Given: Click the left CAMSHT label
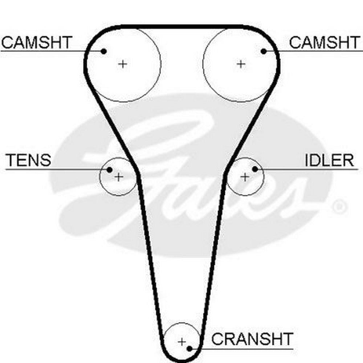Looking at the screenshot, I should click(x=37, y=42).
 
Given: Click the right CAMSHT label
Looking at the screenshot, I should click(x=324, y=42).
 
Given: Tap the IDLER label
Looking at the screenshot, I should click(x=329, y=160).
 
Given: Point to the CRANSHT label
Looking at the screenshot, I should click(x=252, y=339).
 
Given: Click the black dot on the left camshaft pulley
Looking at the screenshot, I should click(x=104, y=51).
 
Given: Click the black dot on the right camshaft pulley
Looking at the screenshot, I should click(x=264, y=51).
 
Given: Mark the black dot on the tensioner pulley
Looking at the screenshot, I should click(x=109, y=169).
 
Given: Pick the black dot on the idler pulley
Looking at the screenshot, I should click(x=255, y=169).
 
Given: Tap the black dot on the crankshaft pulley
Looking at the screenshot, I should click(x=189, y=349).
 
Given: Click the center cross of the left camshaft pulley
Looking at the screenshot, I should click(x=123, y=64).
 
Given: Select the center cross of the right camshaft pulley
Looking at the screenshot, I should click(x=241, y=64).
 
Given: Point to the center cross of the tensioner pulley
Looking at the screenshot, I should click(x=119, y=177).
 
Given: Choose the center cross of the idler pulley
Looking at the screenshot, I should click(x=245, y=177).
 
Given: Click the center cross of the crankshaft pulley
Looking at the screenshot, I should click(x=182, y=342).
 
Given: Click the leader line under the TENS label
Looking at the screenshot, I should click(x=54, y=169).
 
